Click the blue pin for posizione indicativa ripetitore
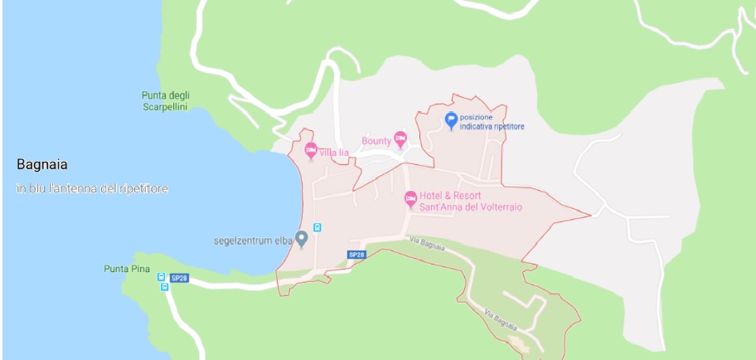click(x=451, y=120)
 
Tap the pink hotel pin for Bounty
click(x=401, y=139)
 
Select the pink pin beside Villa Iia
click(x=312, y=150)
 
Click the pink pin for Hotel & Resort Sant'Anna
click(x=409, y=198)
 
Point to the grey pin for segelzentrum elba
click(x=302, y=239)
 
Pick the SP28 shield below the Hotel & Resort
click(x=356, y=255)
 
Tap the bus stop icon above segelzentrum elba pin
click(x=317, y=227)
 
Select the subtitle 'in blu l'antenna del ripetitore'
click(x=92, y=189)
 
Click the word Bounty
click(x=376, y=141)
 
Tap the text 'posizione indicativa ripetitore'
click(x=492, y=121)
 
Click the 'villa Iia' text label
click(x=334, y=152)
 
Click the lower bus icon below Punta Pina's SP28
click(x=164, y=288)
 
